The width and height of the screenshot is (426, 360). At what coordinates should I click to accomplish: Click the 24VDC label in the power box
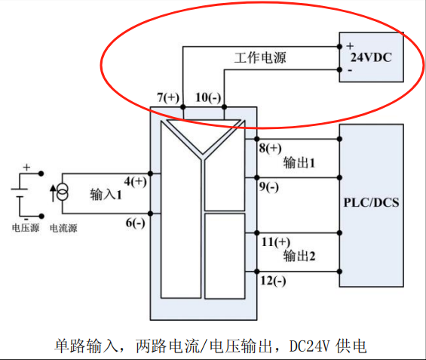pos(371,57)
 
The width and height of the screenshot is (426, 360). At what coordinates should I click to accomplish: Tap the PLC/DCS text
pos(372,202)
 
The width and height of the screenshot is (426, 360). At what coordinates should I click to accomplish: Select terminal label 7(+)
pos(168,97)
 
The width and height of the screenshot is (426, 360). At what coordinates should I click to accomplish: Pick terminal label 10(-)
pos(208,97)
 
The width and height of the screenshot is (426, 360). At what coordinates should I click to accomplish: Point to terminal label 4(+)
pos(135,181)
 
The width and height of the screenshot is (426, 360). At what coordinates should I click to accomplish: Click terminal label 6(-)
pos(135,223)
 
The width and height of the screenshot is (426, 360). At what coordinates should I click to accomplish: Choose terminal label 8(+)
pos(270,148)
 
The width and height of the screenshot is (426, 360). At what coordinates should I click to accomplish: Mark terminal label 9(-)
pos(268,187)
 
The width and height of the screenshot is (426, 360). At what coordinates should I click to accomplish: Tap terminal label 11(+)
pos(276,242)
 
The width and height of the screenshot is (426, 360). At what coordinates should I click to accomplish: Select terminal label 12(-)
pos(273,280)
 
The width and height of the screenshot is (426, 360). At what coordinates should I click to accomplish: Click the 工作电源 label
pos(260,57)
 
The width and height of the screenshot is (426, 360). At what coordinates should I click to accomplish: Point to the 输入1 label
pos(106,195)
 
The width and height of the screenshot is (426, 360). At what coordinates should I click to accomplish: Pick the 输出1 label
pos(299,163)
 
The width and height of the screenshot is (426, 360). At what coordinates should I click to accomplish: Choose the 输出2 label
pos(299,256)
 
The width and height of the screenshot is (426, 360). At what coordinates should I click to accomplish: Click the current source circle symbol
pos(63,192)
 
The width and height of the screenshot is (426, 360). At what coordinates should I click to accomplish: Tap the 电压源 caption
pos(26,228)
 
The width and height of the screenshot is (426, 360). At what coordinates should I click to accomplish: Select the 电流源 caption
pos(63,228)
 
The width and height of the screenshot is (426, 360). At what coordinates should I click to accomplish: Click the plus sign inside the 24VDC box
pos(350,46)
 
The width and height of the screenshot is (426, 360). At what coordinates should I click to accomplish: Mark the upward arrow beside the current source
pos(54,193)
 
